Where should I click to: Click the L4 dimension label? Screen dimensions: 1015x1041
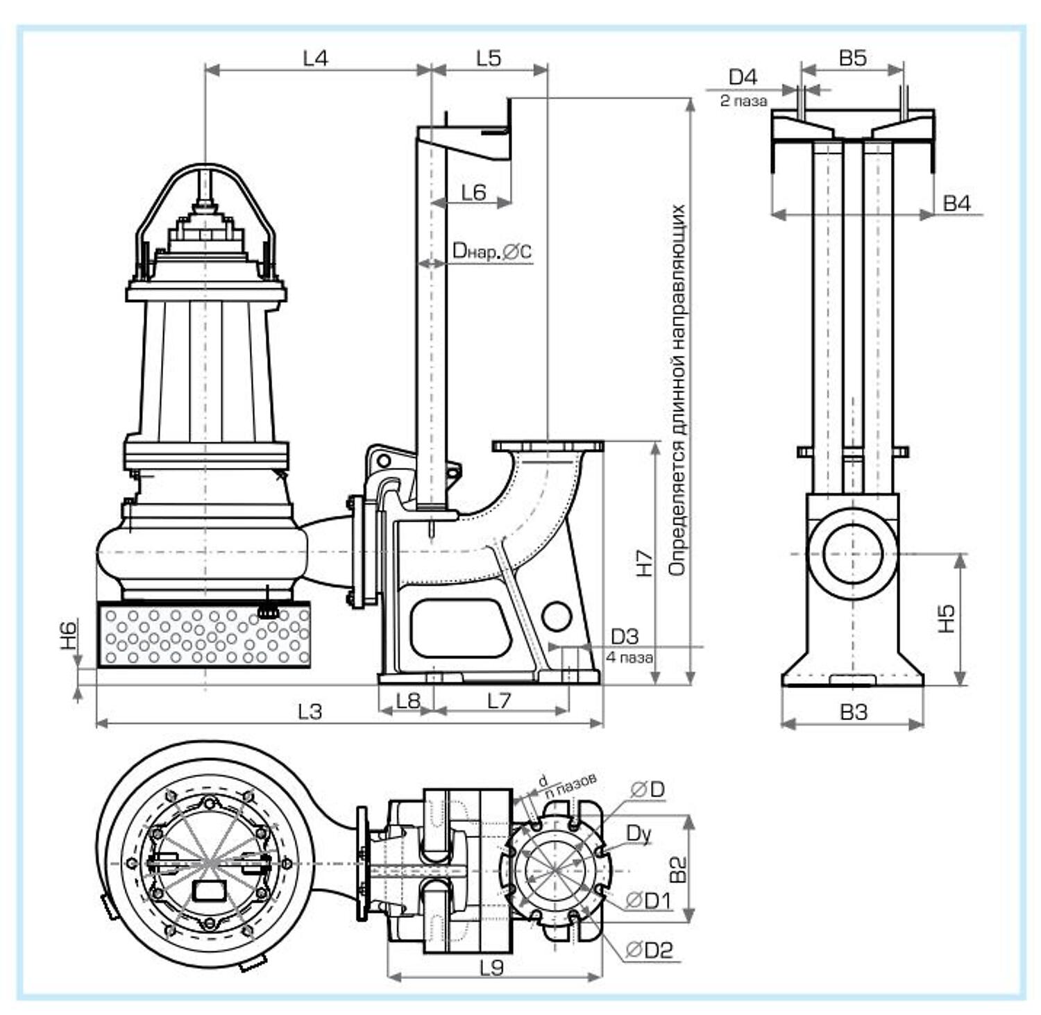click(x=316, y=58)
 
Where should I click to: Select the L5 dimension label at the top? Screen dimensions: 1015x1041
click(x=489, y=58)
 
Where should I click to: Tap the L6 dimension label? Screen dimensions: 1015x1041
click(x=473, y=192)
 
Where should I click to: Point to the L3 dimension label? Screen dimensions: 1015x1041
click(x=310, y=712)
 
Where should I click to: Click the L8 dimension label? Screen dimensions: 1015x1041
click(x=408, y=701)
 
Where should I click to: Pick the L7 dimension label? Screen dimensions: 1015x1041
click(x=499, y=701)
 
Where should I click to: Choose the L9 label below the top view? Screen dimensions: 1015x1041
click(x=491, y=967)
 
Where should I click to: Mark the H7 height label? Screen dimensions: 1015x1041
click(x=645, y=563)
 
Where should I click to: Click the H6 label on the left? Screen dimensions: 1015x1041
click(x=69, y=635)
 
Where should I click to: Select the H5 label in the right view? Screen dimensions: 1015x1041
click(x=947, y=619)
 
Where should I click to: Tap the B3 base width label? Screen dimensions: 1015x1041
click(x=854, y=712)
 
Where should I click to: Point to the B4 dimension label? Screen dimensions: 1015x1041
click(x=957, y=203)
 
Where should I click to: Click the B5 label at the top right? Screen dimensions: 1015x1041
click(x=853, y=58)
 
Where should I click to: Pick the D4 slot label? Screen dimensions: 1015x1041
click(x=743, y=77)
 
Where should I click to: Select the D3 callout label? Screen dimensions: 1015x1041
click(x=624, y=636)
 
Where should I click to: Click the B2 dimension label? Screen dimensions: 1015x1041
click(x=678, y=869)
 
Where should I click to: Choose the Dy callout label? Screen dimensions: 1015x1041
click(x=638, y=833)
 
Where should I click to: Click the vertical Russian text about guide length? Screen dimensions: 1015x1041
click(x=677, y=389)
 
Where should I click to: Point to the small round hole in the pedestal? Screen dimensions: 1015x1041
click(x=557, y=616)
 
